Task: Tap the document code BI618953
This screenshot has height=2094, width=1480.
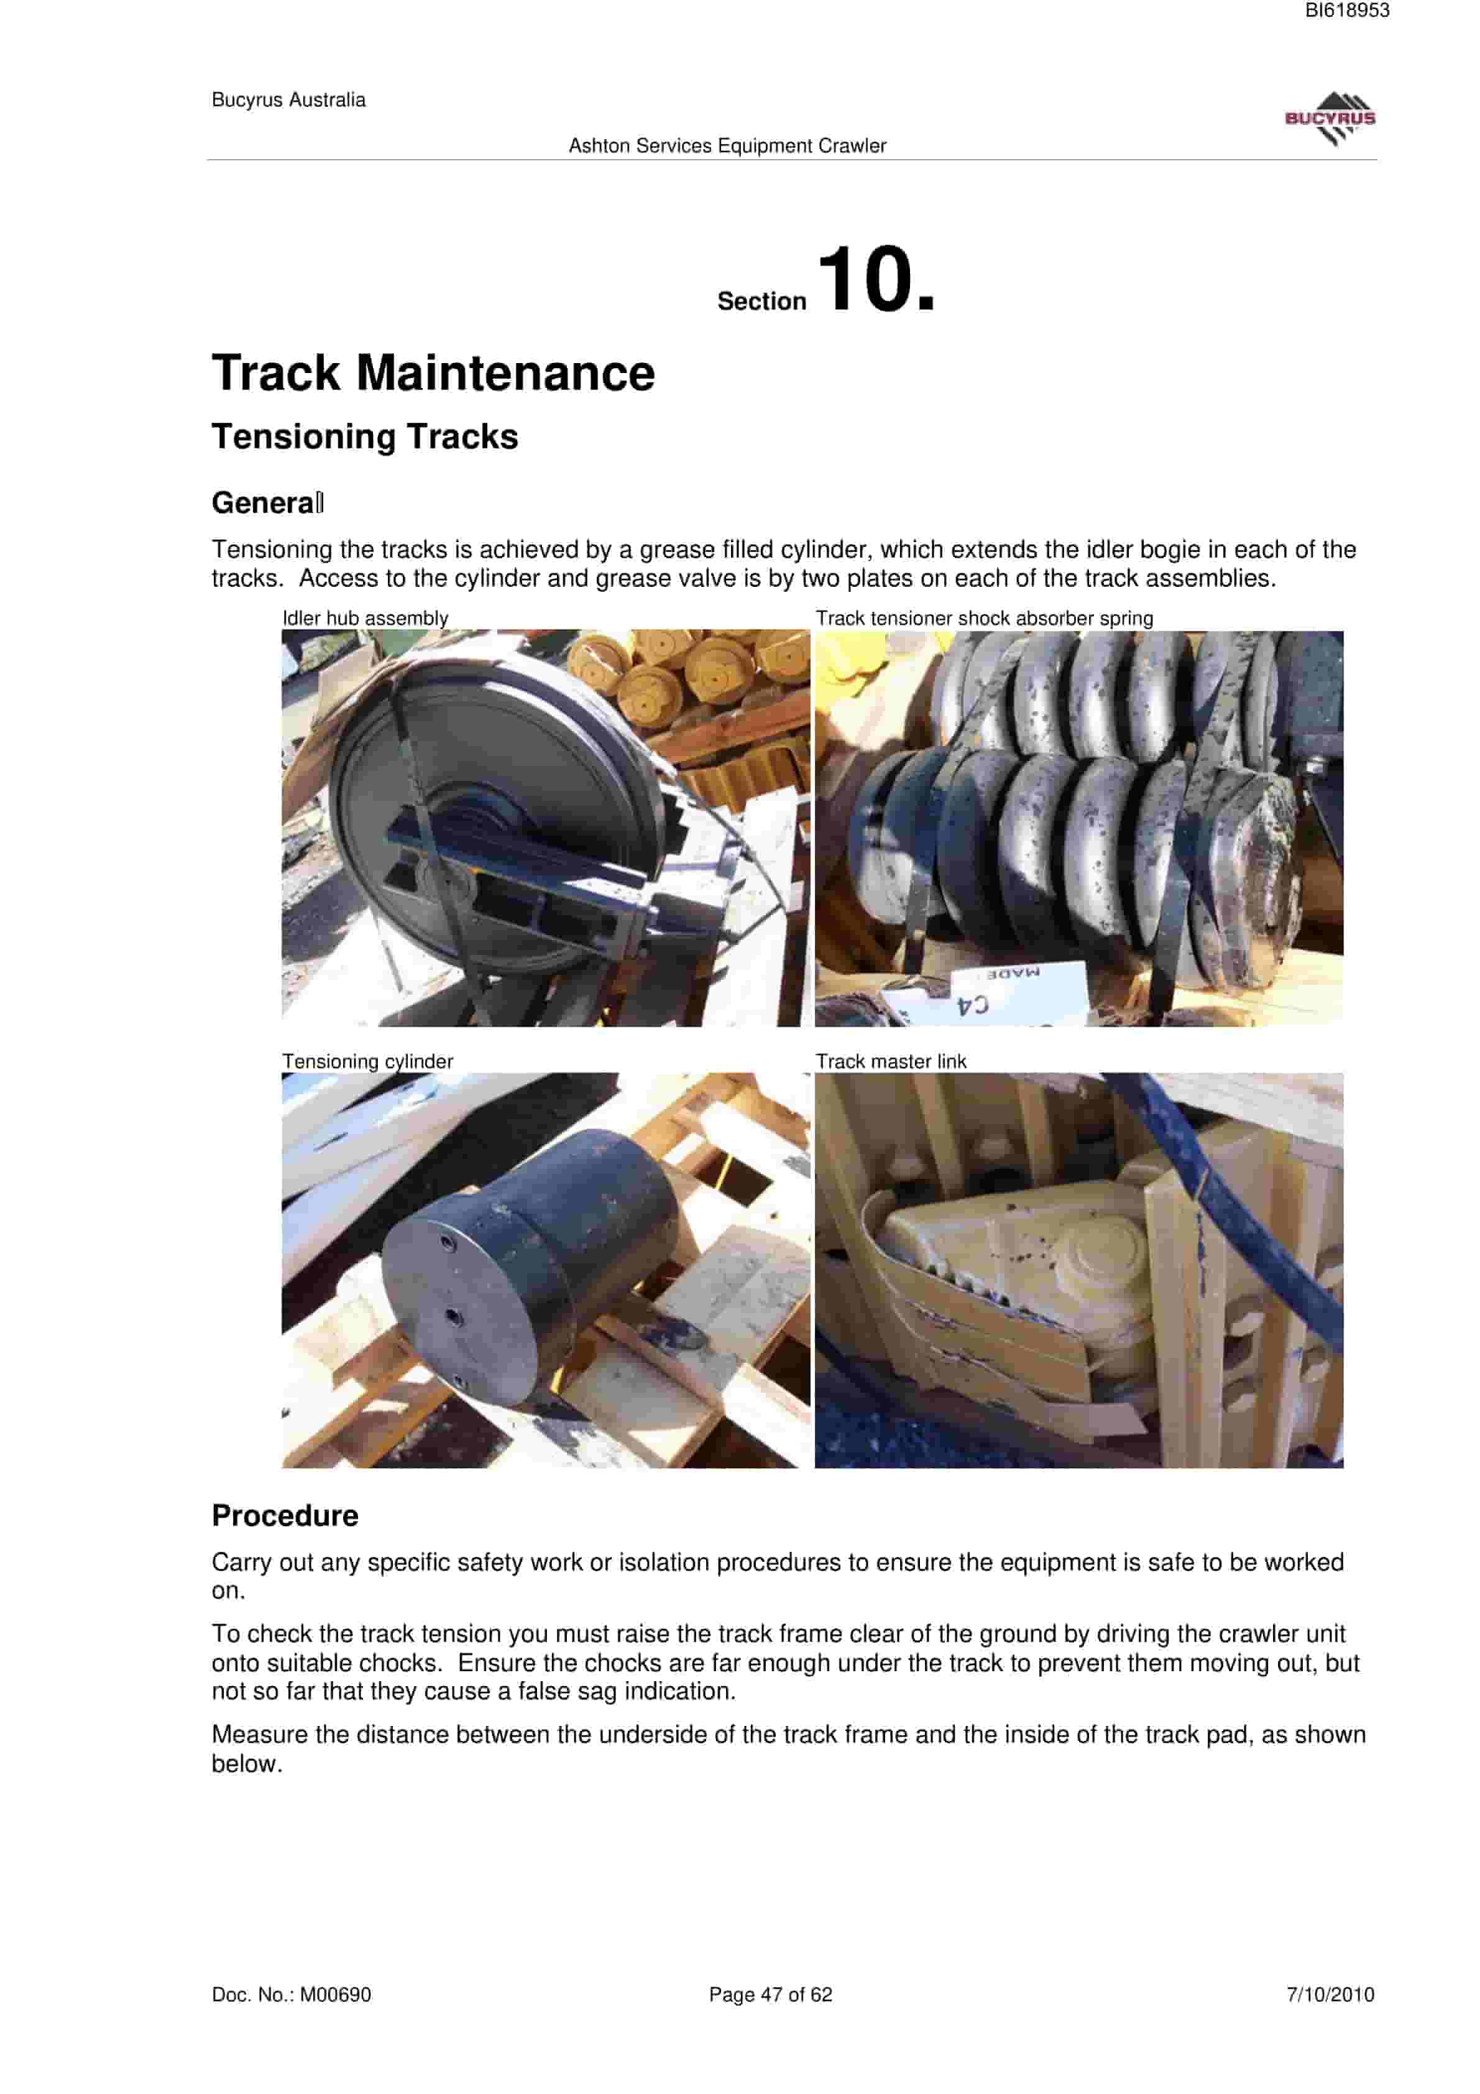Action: (1347, 11)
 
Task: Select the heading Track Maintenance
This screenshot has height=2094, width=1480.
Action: (433, 373)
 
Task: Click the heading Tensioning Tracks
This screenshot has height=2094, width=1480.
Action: (365, 437)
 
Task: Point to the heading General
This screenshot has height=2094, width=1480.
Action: (267, 502)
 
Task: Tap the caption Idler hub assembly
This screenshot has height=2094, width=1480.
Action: (365, 619)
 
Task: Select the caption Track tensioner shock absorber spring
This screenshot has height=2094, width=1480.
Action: (984, 619)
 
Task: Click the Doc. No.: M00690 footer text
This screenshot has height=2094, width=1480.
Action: (291, 1995)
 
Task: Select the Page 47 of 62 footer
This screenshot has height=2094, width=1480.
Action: (771, 1995)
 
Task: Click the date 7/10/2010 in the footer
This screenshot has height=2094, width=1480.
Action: (1330, 1995)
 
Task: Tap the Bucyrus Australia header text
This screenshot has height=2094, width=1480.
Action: (288, 100)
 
